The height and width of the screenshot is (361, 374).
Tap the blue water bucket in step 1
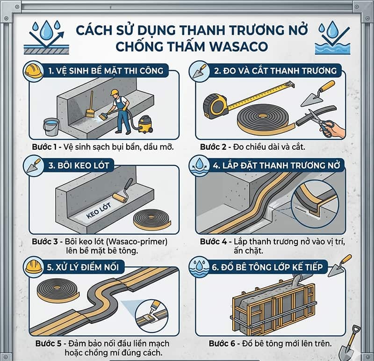[x=51, y=126]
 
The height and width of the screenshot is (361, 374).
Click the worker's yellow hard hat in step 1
[x=115, y=93]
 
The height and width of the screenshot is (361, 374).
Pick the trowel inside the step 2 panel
[x=318, y=94]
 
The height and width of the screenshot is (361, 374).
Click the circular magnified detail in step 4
[x=316, y=202]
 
